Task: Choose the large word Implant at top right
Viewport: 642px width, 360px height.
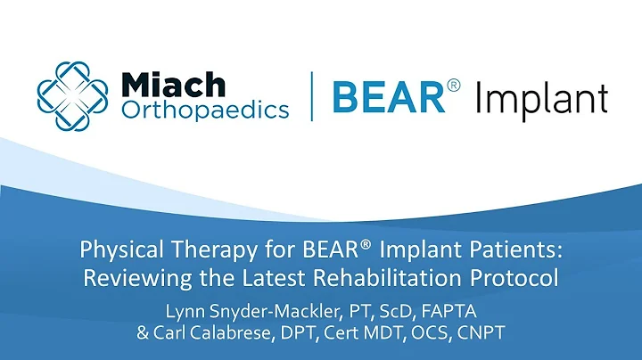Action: pyautogui.click(x=541, y=96)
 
